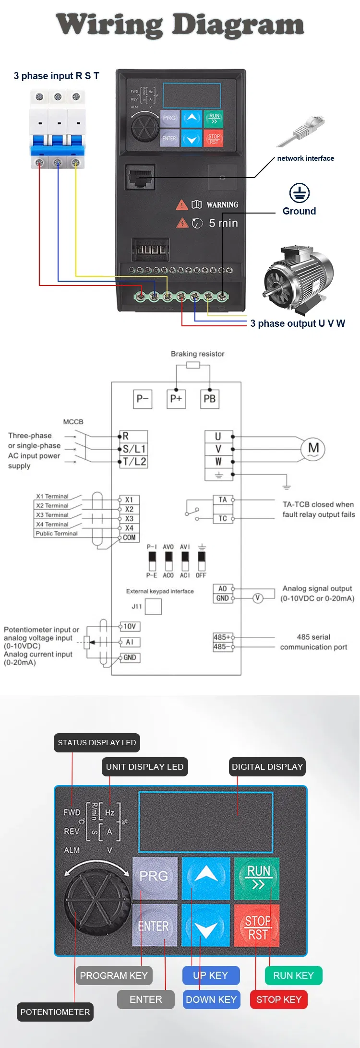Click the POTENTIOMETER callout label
(55, 1012)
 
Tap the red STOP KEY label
(278, 1000)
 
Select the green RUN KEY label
(293, 976)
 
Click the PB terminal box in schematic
(210, 399)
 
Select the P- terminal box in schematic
(143, 399)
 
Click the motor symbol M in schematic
(313, 449)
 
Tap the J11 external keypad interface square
(154, 607)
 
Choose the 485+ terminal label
(222, 637)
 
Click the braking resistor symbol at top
(193, 365)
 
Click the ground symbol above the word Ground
(300, 193)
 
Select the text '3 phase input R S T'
(56, 76)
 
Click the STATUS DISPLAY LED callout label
(96, 743)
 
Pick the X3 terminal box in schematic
(129, 519)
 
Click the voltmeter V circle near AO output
(258, 598)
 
